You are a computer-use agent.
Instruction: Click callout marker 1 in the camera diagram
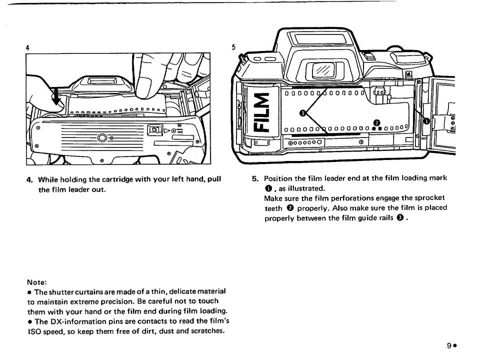(x=426, y=121)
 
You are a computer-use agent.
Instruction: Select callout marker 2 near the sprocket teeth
(x=377, y=123)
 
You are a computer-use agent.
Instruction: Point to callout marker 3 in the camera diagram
(x=302, y=113)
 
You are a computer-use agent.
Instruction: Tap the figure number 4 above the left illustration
(x=27, y=47)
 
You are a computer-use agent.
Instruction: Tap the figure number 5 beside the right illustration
(x=233, y=47)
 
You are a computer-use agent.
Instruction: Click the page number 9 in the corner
(x=449, y=345)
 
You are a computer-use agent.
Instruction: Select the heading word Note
(x=37, y=281)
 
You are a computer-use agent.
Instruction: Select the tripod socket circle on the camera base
(x=102, y=137)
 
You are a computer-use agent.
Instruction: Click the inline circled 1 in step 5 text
(x=267, y=188)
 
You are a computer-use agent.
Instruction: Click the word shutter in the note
(x=59, y=291)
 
